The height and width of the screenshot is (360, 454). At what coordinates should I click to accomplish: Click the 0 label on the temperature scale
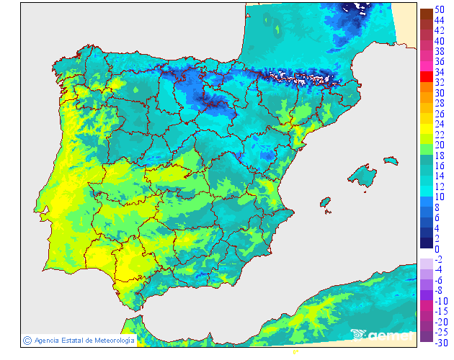[437, 248]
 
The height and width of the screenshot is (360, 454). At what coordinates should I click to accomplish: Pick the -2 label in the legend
[440, 259]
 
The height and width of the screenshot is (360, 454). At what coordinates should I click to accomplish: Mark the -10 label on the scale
[442, 300]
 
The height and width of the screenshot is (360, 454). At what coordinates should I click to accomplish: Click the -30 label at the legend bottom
[442, 342]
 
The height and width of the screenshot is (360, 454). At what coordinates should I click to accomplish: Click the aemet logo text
[389, 335]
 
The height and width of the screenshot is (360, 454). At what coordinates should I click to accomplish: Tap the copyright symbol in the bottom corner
[27, 340]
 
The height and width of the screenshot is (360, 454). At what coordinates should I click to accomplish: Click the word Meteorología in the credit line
[110, 340]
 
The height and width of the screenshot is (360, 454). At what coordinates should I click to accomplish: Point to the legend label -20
[442, 321]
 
